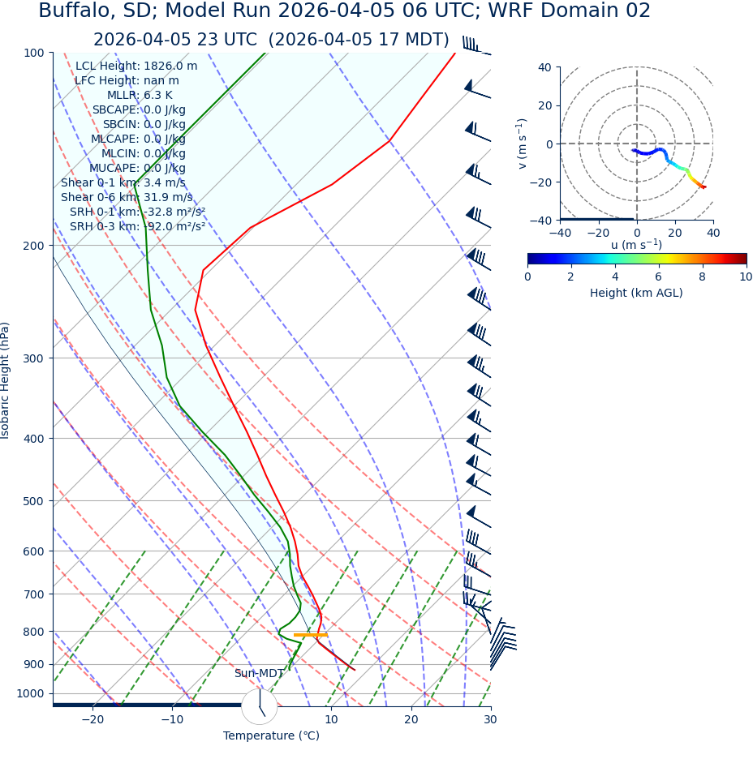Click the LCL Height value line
coord(136,66)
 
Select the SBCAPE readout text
coord(139,110)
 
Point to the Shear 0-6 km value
coord(127,198)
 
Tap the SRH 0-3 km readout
coord(137,227)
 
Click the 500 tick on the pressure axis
coord(34,501)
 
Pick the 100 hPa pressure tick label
coord(34,53)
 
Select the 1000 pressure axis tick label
coord(31,693)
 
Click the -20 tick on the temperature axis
coord(93,719)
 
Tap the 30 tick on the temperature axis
coord(490,719)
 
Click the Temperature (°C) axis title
coord(271,736)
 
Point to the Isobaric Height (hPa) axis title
coord(6,380)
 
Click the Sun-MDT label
coord(259,674)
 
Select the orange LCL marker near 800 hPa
coord(310,635)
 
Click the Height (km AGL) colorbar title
coord(636,294)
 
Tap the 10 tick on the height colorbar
coord(746,277)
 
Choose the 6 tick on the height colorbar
coord(658,277)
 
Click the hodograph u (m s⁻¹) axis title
coord(636,245)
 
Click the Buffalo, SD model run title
coord(344,11)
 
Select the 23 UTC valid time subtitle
coord(271,40)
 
